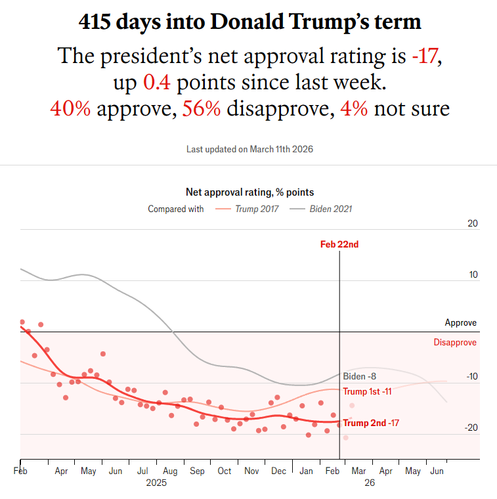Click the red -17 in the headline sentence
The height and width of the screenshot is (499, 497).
click(x=425, y=56)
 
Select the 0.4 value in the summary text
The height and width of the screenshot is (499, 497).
click(x=157, y=82)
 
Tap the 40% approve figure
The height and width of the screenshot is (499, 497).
click(x=70, y=108)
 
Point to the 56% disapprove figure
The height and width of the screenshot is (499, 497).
click(x=201, y=108)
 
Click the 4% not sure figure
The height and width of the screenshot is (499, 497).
click(x=355, y=108)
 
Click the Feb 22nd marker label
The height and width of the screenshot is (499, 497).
click(x=339, y=244)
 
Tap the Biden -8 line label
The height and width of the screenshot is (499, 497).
click(x=359, y=376)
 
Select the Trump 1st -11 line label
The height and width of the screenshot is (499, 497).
click(x=367, y=392)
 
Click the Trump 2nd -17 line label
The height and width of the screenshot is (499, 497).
click(x=371, y=423)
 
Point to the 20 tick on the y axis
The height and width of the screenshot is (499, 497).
click(x=472, y=224)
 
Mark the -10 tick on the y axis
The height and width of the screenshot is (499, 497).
click(x=471, y=377)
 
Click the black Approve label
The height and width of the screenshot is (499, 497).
click(x=461, y=323)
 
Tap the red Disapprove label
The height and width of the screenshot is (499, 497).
click(x=455, y=342)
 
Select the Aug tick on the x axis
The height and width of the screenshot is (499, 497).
click(x=169, y=471)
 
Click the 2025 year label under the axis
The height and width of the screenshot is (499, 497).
click(x=156, y=483)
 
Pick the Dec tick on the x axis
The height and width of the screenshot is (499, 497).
click(x=278, y=471)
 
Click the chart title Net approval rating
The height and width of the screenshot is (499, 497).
click(x=249, y=192)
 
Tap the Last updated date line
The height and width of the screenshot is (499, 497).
click(x=249, y=150)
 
